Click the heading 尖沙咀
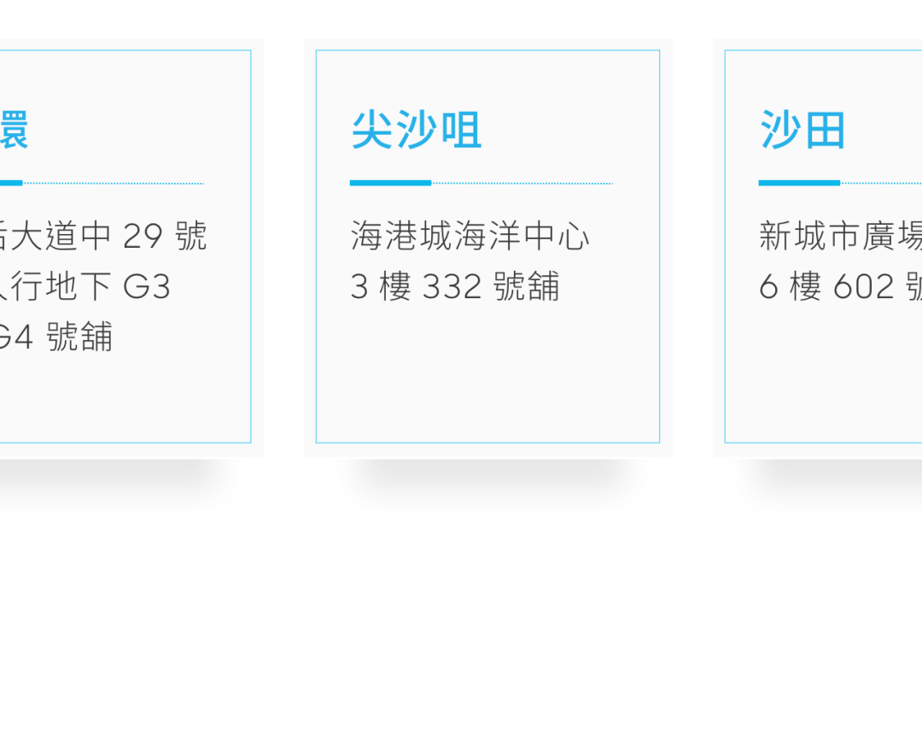[x=416, y=131]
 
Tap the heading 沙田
[x=802, y=131]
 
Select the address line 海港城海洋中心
[x=470, y=236]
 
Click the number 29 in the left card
[x=143, y=236]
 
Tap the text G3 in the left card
[x=147, y=287]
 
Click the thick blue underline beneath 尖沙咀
[x=390, y=183]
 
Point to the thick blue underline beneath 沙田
[x=799, y=183]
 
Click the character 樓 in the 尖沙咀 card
[x=395, y=287]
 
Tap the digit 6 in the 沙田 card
[x=768, y=287]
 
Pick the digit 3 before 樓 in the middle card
[x=359, y=287]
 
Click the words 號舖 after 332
[x=527, y=287]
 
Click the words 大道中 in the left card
[x=61, y=236]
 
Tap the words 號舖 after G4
[x=79, y=337]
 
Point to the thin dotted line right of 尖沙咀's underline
[x=522, y=183]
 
